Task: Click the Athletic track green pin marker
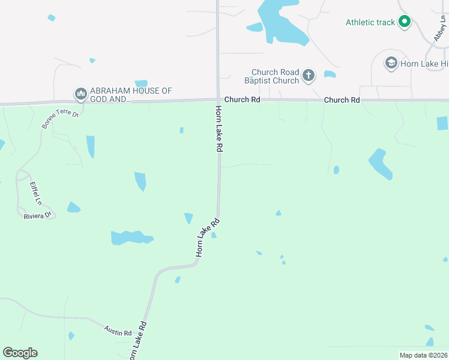[x=405, y=22]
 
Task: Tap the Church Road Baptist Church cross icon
[x=309, y=76]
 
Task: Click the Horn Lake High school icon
[x=391, y=63]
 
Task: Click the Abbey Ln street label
[x=441, y=28]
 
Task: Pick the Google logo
[x=20, y=352]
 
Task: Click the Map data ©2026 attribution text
[x=423, y=355]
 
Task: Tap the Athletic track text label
[x=370, y=23]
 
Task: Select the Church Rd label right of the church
[x=342, y=100]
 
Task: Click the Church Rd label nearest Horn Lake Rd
[x=242, y=100]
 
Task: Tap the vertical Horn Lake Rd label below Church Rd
[x=220, y=128]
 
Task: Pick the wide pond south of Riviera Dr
[x=131, y=238]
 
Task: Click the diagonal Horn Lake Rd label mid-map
[x=208, y=238]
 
